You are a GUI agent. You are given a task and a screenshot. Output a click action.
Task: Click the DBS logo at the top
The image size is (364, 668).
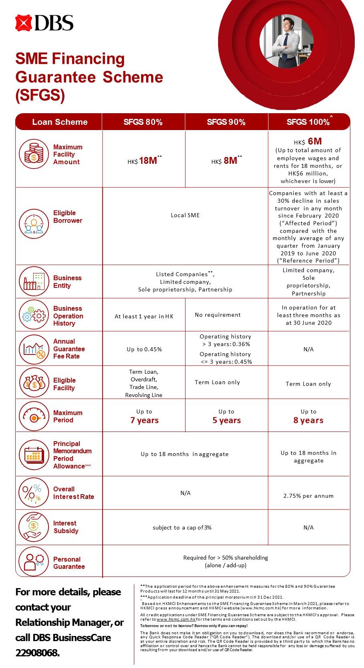pos(44,23)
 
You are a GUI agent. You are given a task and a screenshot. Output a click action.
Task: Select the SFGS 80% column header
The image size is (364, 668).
pos(143,122)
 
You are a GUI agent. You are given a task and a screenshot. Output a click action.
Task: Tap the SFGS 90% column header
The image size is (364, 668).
pos(226,122)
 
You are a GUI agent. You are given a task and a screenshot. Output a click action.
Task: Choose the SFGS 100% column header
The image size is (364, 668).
pos(308,122)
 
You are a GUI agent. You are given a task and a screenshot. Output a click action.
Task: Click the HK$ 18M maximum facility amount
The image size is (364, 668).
pos(144,161)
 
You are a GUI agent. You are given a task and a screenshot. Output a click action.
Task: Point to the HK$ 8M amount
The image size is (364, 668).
pos(226,161)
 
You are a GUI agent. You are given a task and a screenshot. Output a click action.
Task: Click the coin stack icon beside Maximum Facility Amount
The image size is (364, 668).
pos(34,154)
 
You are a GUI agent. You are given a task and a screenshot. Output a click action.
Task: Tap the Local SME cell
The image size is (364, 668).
pos(185,215)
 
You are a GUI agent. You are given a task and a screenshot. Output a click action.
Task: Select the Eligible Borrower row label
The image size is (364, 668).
pos(67,217)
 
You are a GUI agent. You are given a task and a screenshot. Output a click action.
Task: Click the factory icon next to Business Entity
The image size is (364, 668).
pos(34,281)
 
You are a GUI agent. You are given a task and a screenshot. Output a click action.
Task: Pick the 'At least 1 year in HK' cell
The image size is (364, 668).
pos(144,316)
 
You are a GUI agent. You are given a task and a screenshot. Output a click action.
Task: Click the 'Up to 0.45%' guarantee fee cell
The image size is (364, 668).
pos(144,349)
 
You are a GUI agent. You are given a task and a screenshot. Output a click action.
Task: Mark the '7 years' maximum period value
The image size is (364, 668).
pos(144,420)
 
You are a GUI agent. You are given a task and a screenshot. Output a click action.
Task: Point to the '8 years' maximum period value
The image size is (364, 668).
pos(308,420)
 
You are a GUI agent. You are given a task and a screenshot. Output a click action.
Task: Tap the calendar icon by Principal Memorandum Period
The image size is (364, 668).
pos(34,455)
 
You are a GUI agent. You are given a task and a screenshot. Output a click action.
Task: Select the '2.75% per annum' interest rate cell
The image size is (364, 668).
pos(308,496)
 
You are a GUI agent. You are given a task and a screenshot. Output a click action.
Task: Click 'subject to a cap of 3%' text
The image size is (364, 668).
pos(182,527)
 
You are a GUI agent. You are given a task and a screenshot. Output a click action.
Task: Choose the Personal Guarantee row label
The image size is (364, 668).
pos(69,563)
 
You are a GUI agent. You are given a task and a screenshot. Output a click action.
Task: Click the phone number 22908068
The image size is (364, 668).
pos(37,653)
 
